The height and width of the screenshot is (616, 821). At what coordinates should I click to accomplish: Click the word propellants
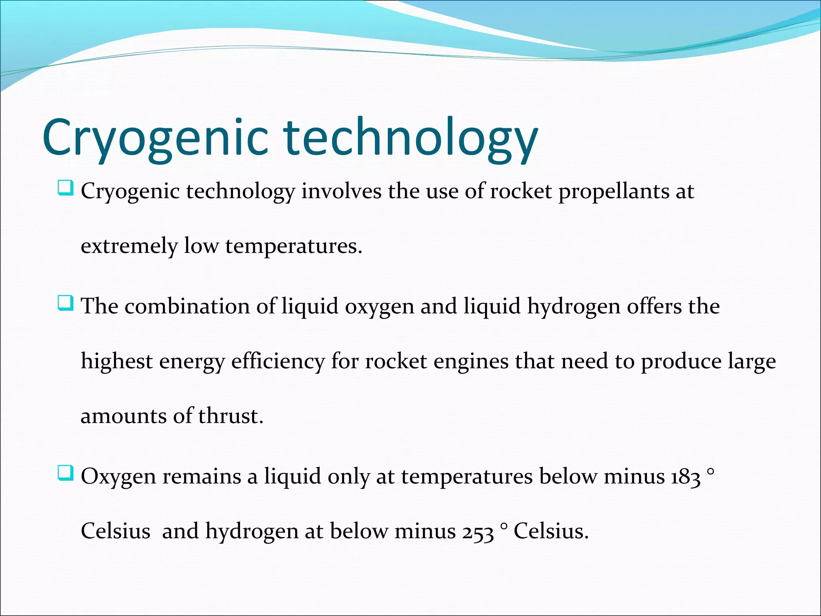(614, 192)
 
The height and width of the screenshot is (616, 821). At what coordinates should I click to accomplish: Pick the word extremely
(129, 246)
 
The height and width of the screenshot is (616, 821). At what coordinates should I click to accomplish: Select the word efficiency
(278, 362)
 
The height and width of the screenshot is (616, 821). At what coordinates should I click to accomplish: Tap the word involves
(341, 191)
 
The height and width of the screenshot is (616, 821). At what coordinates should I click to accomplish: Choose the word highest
(117, 362)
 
